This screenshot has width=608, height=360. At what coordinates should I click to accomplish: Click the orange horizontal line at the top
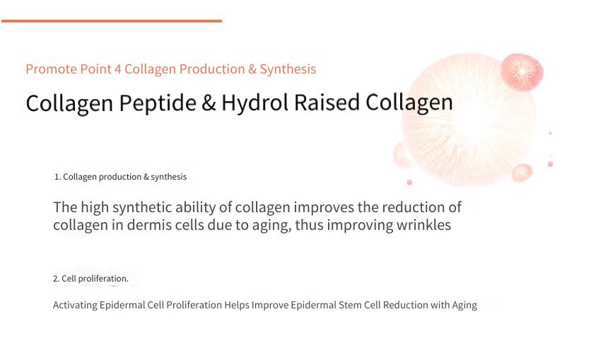pos(112,21)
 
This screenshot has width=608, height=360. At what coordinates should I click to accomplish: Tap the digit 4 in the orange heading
pos(118,69)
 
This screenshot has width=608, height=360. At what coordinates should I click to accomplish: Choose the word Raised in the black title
pos(327,103)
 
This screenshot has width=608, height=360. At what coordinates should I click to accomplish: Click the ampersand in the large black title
pos(209,103)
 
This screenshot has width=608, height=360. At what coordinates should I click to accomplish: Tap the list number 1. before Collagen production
pos(57,177)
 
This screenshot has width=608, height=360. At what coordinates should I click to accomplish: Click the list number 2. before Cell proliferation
pos(57,279)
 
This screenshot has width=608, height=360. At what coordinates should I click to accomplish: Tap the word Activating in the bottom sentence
pos(75,306)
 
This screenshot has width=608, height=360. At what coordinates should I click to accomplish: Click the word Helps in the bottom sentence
pos(237,306)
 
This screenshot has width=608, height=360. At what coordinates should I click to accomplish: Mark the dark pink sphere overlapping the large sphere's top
pos(522,72)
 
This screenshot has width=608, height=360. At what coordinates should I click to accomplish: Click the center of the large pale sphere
pos(469,120)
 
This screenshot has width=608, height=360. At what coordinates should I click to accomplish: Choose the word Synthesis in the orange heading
pos(288,69)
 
